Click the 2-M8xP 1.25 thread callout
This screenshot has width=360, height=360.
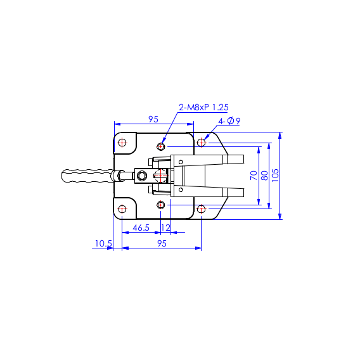(x=203, y=108)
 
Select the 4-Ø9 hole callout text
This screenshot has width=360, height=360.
(x=229, y=121)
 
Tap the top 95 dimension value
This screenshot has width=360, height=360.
(x=153, y=119)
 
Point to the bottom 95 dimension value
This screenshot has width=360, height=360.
(x=162, y=243)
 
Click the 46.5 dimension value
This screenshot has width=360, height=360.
(x=141, y=228)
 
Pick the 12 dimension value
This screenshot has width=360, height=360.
(x=165, y=228)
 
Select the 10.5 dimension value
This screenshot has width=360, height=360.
(x=103, y=243)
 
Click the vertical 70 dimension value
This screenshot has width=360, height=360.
(x=254, y=176)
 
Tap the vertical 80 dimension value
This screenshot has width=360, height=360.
(x=264, y=176)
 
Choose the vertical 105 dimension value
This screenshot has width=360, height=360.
(x=275, y=176)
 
